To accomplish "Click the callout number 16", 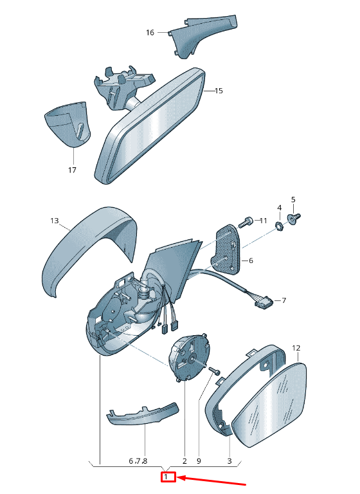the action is point(150,32).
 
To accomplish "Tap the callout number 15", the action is point(219,91).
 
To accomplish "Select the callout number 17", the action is point(72,170).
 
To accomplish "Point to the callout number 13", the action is point(55,221).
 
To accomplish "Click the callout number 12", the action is point(296,348).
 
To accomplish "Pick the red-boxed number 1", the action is point(166,477).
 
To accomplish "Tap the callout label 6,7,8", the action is point(138,461).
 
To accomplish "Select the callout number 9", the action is point(199,461).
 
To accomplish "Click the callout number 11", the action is point(263,221).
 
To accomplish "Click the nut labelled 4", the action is point(280,226).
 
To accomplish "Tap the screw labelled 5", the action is point(294,219).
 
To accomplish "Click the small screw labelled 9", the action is point(214,370).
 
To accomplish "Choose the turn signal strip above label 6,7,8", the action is point(143,414).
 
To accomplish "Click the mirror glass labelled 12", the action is point(269,405).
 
